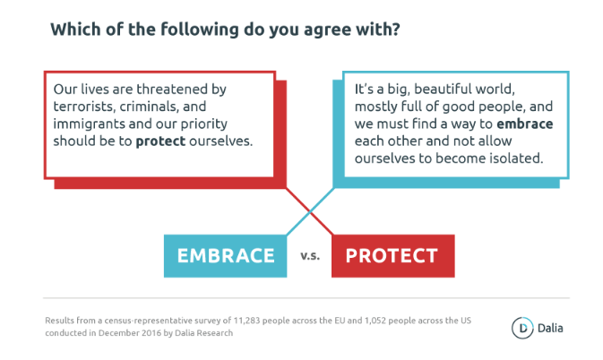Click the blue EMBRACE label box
click(x=226, y=256)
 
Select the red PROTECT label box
click(x=393, y=256)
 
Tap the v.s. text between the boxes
click(x=310, y=256)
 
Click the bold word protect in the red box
click(x=160, y=141)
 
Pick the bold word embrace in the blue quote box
click(x=525, y=124)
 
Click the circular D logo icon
click(x=522, y=328)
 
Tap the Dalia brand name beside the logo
click(x=550, y=328)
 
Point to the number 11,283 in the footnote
click(x=246, y=321)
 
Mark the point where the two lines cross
click(x=310, y=211)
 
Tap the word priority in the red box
click(x=203, y=124)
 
